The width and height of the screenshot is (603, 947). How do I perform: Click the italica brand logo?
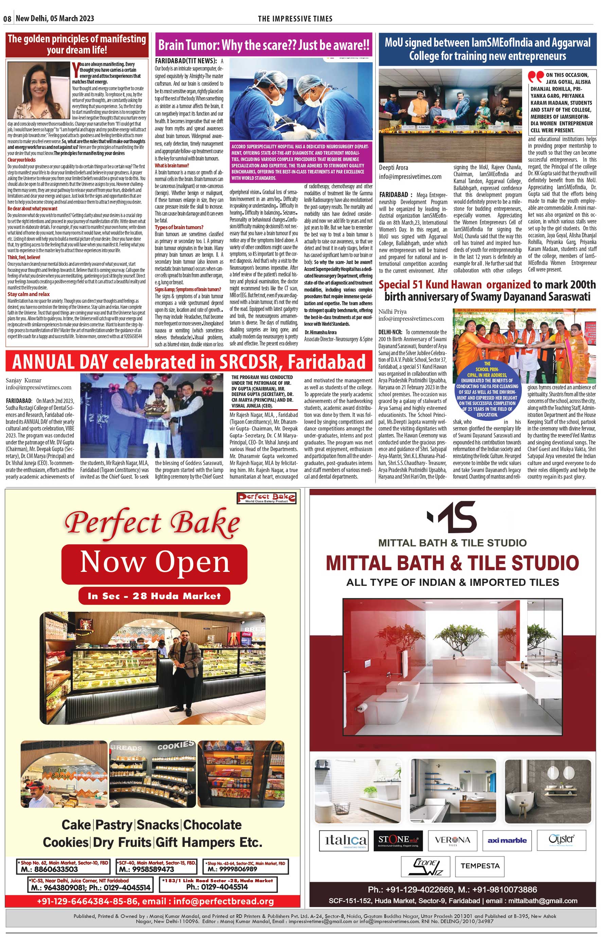click(343, 841)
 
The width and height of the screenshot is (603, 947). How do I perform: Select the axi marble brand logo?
click(507, 841)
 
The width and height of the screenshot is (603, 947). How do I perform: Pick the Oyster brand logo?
click(561, 840)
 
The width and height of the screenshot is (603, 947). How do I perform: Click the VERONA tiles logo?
click(452, 841)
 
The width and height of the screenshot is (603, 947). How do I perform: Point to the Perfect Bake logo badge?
click(266, 498)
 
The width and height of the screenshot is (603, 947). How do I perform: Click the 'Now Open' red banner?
click(155, 563)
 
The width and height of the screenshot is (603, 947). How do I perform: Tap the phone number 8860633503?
click(50, 870)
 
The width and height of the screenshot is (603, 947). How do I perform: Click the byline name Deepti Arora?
click(394, 168)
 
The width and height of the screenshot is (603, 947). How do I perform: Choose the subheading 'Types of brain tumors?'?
click(179, 227)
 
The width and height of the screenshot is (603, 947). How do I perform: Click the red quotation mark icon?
click(536, 76)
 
